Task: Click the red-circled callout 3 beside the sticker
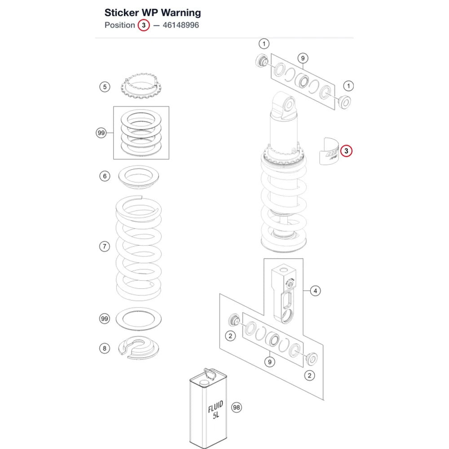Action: pos(346,151)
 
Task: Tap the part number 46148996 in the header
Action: pos(180,25)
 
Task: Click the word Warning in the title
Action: pos(180,13)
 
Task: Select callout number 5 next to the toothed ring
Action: pos(105,87)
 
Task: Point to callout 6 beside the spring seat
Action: pos(105,176)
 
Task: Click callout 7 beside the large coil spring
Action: pos(105,246)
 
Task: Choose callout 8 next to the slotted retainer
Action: pos(105,348)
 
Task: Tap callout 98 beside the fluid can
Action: pos(236,407)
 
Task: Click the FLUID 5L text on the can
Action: pos(216,410)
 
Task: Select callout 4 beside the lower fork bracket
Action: pos(315,291)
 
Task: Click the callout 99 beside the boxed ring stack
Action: pos(101,133)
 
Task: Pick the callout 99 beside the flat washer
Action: pos(105,318)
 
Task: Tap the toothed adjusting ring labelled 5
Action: pos(141,85)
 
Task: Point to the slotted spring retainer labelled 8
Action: pos(139,348)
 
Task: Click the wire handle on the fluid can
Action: pos(209,374)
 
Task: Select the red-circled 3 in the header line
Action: pos(144,25)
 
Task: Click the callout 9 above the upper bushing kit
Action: pos(303,58)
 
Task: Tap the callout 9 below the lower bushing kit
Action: pos(269,362)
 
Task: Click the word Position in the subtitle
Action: pos(120,25)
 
